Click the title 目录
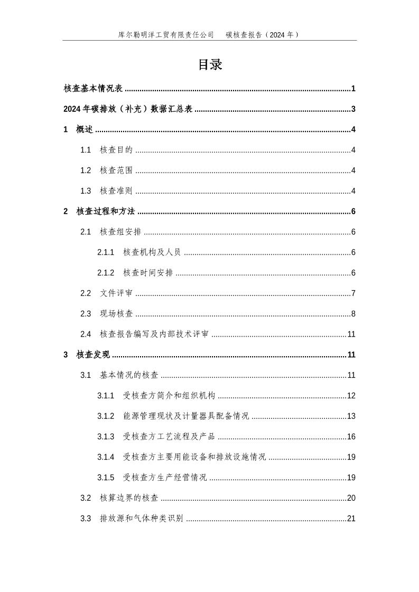coord(210,65)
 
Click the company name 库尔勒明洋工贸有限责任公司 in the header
coord(166,35)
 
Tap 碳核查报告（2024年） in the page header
coord(263,35)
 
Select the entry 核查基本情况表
coord(93,89)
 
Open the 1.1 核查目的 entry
coord(107,150)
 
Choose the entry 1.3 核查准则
coord(107,191)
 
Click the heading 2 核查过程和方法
coord(99,212)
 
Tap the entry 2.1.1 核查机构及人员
coord(139,252)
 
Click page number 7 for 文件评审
coord(353,293)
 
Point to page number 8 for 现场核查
coord(353,314)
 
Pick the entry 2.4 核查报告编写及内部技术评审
coord(145,335)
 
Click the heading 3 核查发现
coord(87,355)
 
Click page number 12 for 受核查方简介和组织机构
coord(351,396)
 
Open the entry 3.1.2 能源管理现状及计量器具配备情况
coord(173,416)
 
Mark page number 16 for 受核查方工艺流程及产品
coord(351,437)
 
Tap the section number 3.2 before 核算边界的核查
coord(86,498)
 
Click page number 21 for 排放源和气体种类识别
coord(351,519)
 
